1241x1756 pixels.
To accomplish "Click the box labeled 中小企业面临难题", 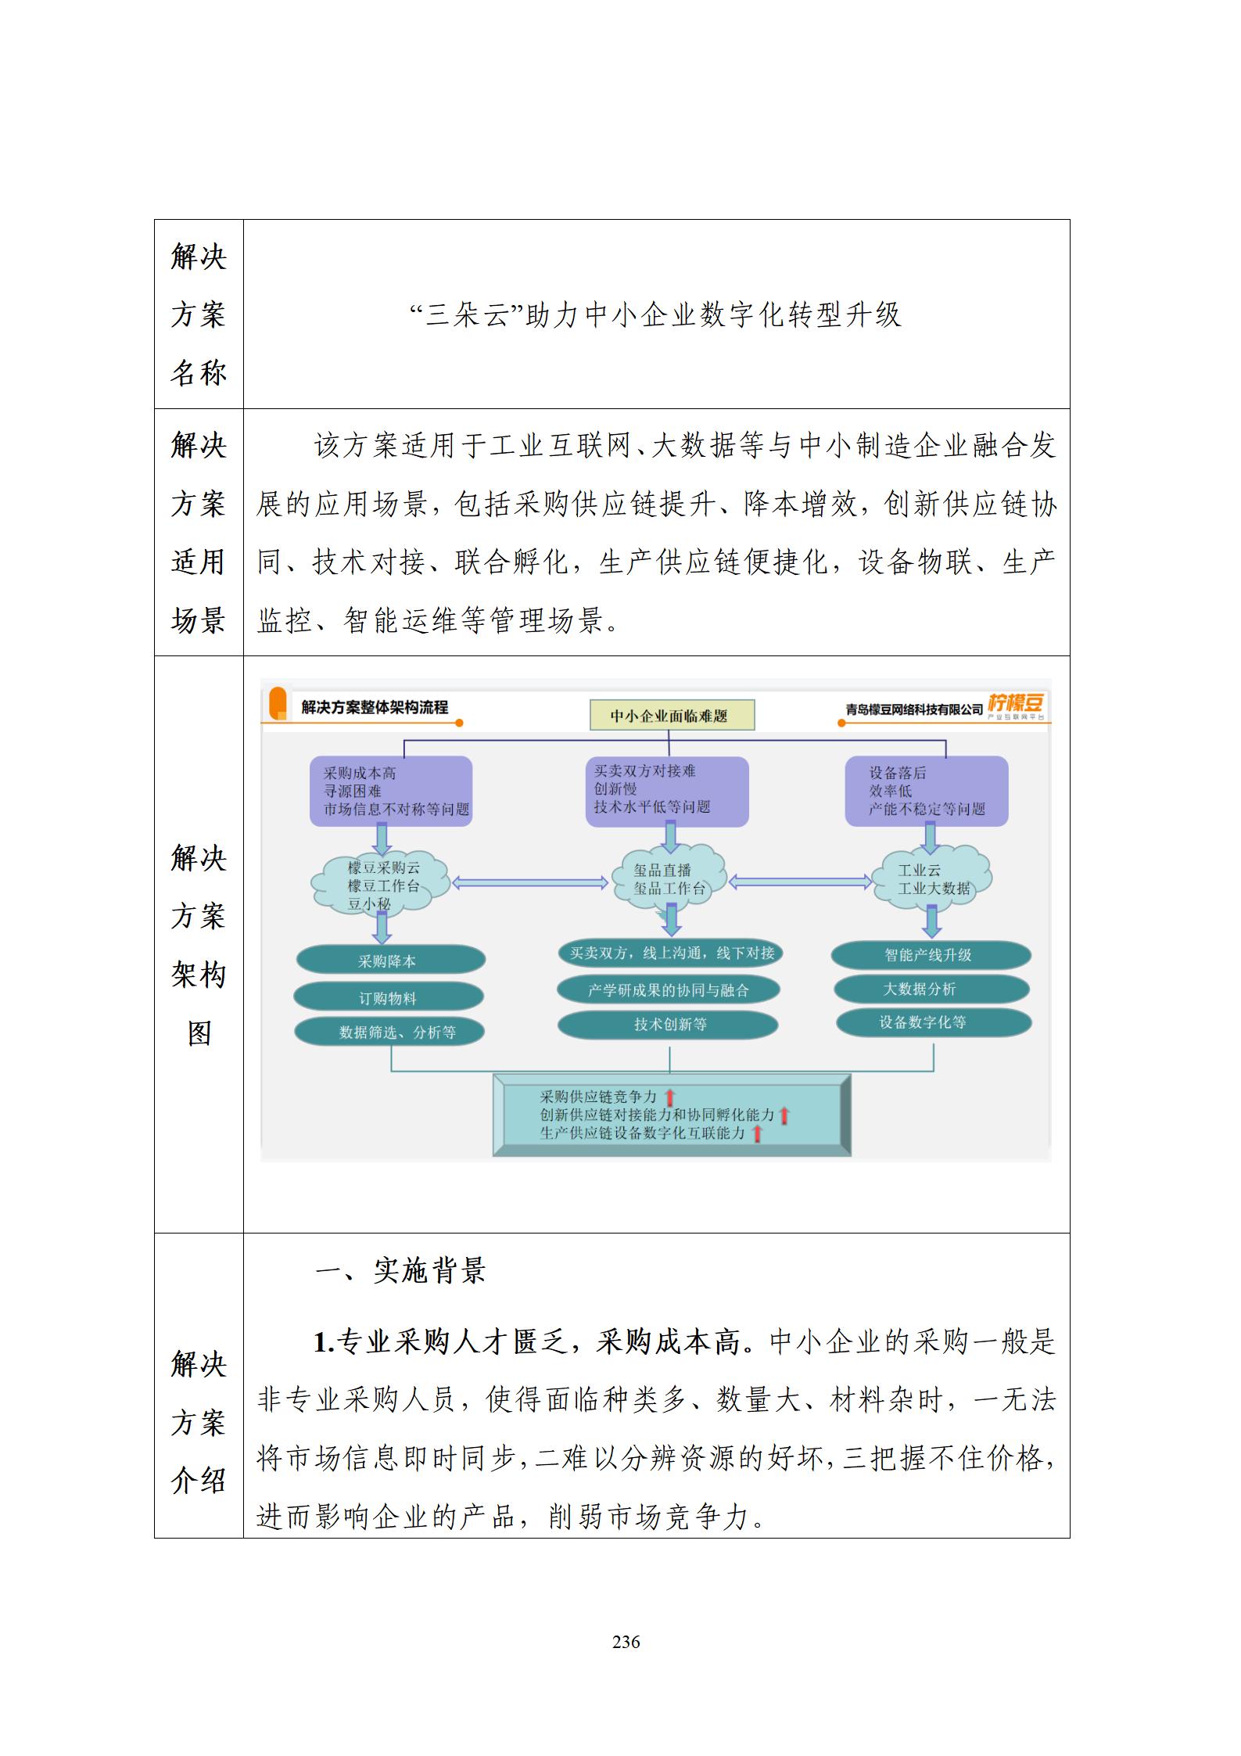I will coord(672,716).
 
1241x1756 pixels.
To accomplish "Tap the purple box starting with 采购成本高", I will coord(391,791).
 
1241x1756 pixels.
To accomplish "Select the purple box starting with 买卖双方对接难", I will coord(666,790).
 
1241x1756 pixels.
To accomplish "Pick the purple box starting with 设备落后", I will coord(927,791).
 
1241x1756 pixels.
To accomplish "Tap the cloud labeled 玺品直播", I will coord(669,879).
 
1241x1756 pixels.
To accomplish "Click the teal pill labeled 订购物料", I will coord(389,998).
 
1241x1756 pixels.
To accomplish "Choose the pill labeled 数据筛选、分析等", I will coord(389,1032).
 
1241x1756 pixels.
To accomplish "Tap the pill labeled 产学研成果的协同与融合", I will coord(669,990).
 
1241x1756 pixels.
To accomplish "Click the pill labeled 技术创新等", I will coord(669,1025).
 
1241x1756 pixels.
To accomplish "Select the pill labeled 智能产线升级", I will coord(930,955).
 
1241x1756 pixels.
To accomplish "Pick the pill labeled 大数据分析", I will coord(930,989).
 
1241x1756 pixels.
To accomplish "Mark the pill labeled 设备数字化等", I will coord(932,1023).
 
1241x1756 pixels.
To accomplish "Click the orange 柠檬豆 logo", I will coord(1015,705).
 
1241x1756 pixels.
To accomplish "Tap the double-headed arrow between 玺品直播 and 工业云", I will coord(800,882).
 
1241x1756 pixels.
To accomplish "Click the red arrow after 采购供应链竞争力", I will coord(669,1097).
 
